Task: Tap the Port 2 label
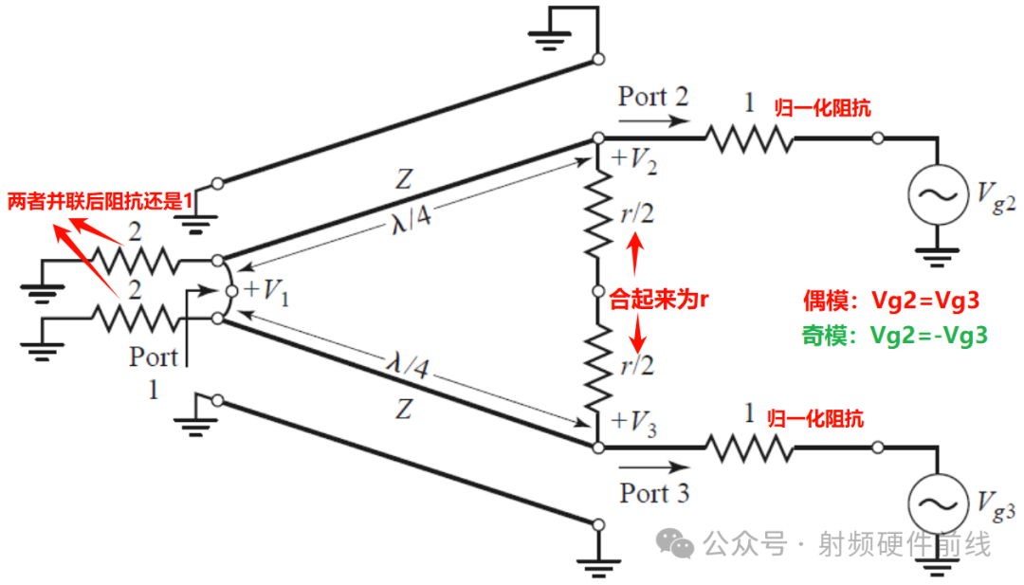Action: click(x=653, y=97)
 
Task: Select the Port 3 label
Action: click(x=654, y=492)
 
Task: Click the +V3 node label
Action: click(x=635, y=420)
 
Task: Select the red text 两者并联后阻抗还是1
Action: click(x=100, y=202)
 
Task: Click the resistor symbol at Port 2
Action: click(x=748, y=138)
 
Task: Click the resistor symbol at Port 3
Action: click(x=748, y=446)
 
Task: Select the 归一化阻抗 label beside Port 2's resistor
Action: click(x=822, y=108)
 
